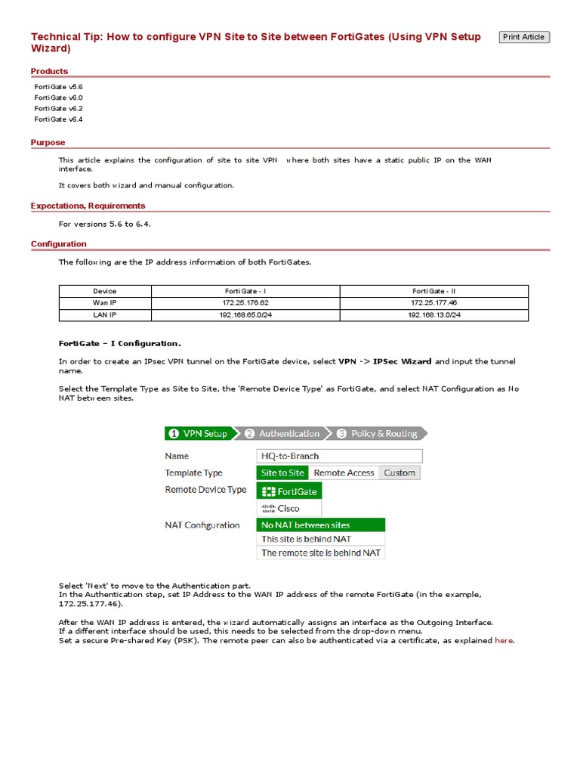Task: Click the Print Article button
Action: [524, 37]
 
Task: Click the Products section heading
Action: [49, 71]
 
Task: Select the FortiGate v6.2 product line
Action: [59, 108]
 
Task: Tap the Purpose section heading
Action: [48, 142]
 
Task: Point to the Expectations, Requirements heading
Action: [88, 206]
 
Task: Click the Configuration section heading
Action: [58, 243]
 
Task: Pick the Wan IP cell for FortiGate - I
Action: [245, 302]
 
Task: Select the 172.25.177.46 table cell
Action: [433, 302]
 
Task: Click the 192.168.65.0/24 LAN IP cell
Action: [245, 314]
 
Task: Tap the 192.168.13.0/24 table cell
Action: [433, 314]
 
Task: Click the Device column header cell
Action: [105, 291]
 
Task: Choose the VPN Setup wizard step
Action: [199, 433]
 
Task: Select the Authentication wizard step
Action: [286, 433]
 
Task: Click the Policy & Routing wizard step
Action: [379, 433]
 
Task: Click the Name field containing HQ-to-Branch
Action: [340, 456]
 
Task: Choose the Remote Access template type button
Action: [344, 472]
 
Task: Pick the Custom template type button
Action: [400, 472]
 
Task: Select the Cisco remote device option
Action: [289, 508]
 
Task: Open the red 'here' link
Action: [504, 640]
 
